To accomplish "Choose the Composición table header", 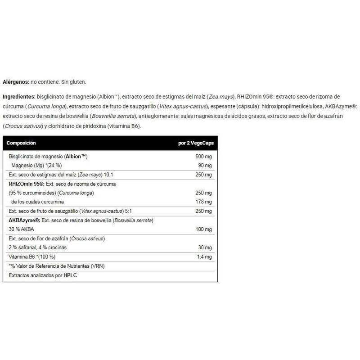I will [21, 143].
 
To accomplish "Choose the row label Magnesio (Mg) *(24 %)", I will [36, 166].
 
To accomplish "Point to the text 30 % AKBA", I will [21, 229].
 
